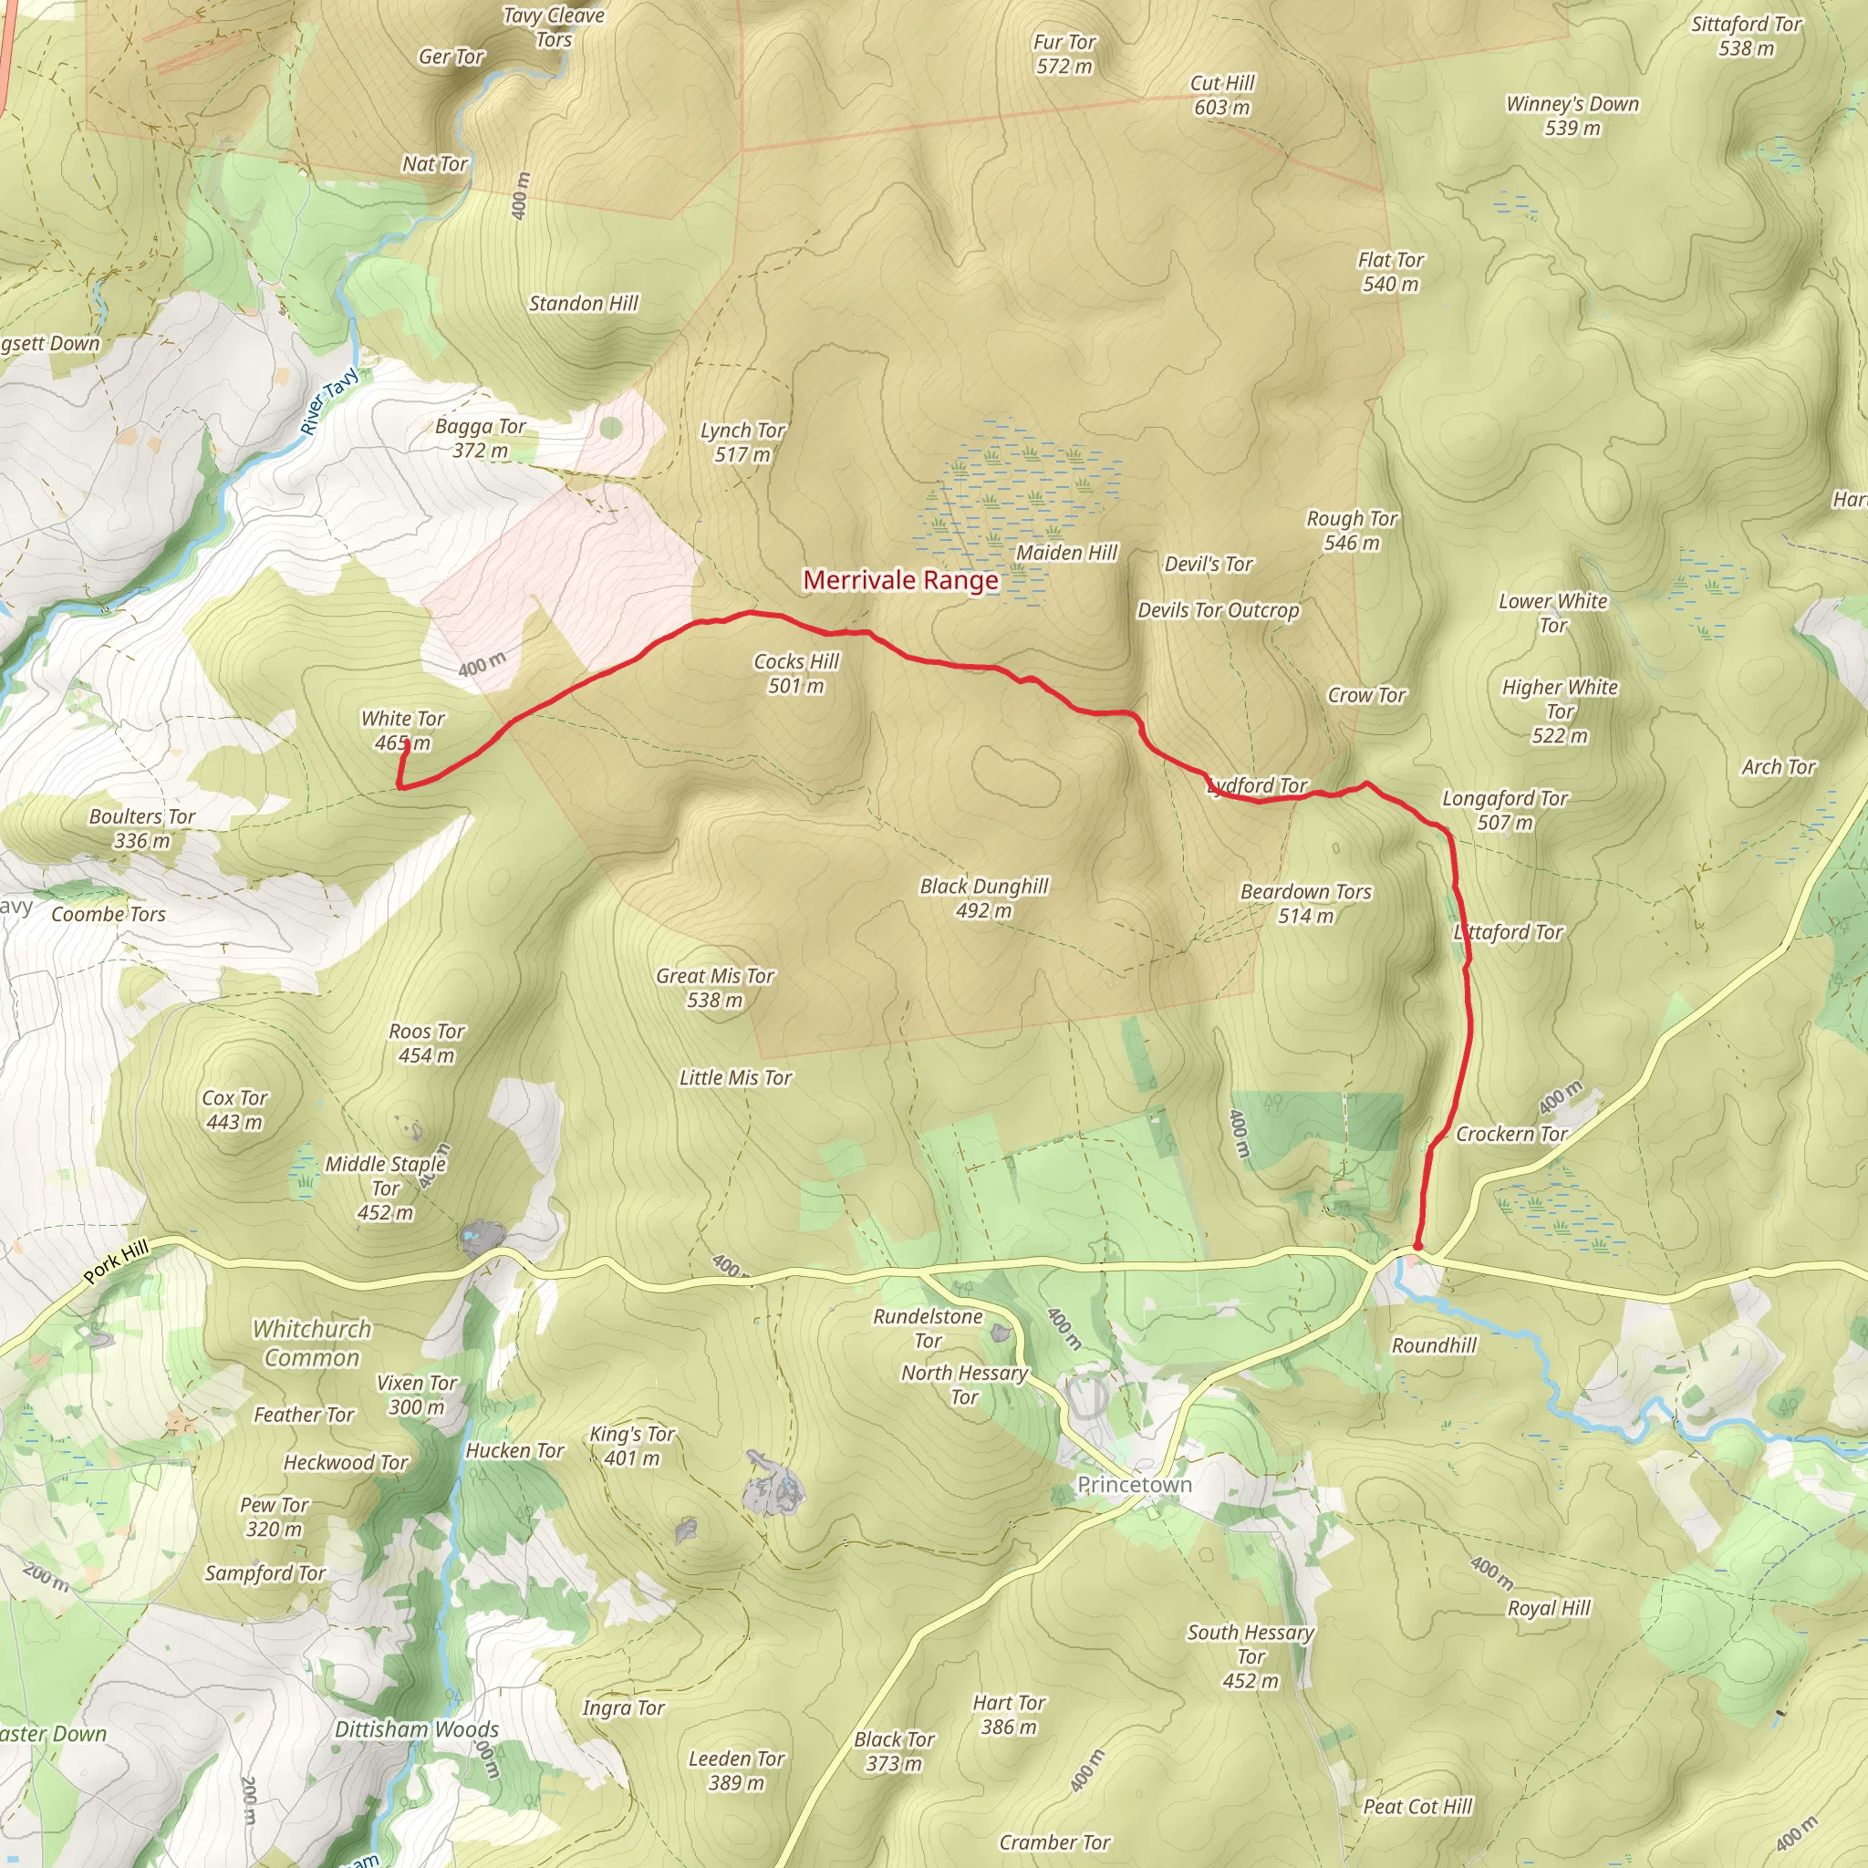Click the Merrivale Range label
[900, 580]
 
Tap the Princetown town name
[1134, 1484]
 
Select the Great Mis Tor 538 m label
[714, 987]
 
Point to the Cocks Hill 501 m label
[795, 673]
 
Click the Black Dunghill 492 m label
[983, 898]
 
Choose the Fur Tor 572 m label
[1064, 54]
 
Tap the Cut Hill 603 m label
[1222, 95]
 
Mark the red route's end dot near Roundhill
[1417, 1246]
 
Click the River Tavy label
[328, 401]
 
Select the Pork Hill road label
[116, 1261]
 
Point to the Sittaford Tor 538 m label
[1745, 36]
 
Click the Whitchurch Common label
[311, 1343]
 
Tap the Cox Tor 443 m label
[234, 1109]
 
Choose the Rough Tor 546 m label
[1352, 530]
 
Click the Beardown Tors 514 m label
[1305, 903]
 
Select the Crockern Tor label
[1511, 1133]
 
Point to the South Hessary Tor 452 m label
[1251, 1656]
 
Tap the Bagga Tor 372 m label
[480, 437]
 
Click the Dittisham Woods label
[417, 1728]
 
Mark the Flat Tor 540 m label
[1390, 272]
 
